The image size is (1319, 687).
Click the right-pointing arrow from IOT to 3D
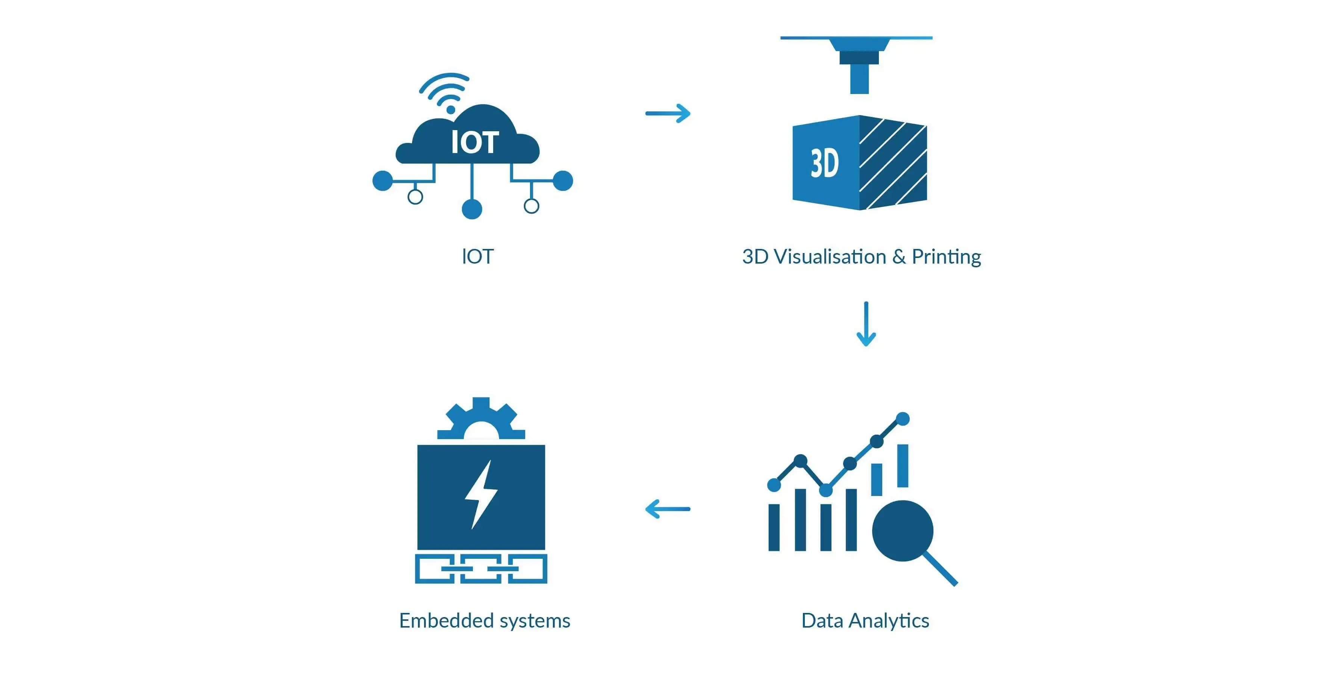pyautogui.click(x=668, y=113)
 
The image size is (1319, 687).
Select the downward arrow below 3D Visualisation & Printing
pyautogui.click(x=866, y=324)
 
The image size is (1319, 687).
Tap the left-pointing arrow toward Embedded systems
pyautogui.click(x=668, y=509)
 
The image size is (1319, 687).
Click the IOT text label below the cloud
pyautogui.click(x=477, y=256)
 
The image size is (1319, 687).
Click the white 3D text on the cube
pyautogui.click(x=824, y=164)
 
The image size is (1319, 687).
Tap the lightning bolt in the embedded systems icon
pyautogui.click(x=481, y=494)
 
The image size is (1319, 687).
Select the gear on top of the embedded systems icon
pyautogui.click(x=481, y=419)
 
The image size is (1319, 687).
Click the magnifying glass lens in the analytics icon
pyautogui.click(x=902, y=530)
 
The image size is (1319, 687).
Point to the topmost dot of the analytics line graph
pyautogui.click(x=903, y=419)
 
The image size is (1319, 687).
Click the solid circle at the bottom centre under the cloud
pyautogui.click(x=472, y=209)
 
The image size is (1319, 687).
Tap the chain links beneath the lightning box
pyautogui.click(x=481, y=568)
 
